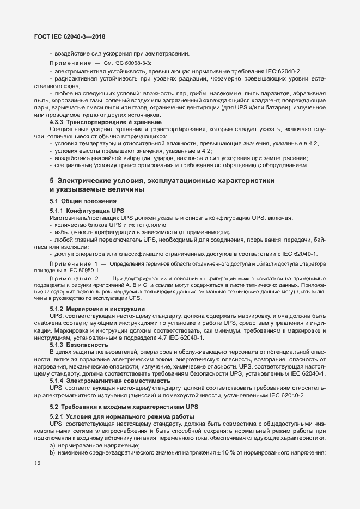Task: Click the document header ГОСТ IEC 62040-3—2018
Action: (66, 37)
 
